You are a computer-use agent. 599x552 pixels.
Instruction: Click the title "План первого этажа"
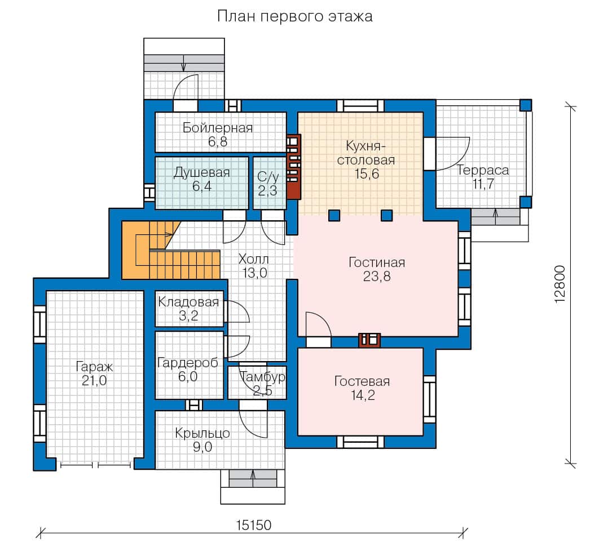[x=294, y=16]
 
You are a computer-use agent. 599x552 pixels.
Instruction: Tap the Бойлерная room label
[x=217, y=127]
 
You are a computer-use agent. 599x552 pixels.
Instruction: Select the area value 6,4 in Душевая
[x=202, y=186]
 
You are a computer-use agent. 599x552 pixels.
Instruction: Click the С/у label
[x=268, y=176]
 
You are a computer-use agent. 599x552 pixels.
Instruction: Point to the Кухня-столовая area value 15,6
[x=367, y=173]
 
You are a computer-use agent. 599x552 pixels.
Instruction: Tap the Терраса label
[x=483, y=170]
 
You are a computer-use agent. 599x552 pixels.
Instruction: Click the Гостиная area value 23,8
[x=376, y=276]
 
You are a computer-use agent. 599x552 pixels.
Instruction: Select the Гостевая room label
[x=362, y=381]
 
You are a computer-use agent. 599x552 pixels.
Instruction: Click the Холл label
[x=253, y=259]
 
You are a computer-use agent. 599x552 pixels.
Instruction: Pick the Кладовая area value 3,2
[x=188, y=316]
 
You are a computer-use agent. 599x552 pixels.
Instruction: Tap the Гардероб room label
[x=188, y=362]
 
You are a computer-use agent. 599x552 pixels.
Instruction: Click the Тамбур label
[x=263, y=377]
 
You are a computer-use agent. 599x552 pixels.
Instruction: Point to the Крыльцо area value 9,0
[x=202, y=447]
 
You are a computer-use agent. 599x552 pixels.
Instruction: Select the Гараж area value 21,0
[x=94, y=380]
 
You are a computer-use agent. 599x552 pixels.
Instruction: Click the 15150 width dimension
[x=254, y=525]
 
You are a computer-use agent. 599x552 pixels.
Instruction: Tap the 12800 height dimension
[x=560, y=284]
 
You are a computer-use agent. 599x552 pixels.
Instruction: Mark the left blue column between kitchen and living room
[x=334, y=215]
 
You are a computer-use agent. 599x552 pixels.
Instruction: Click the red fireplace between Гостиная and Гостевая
[x=369, y=340]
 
